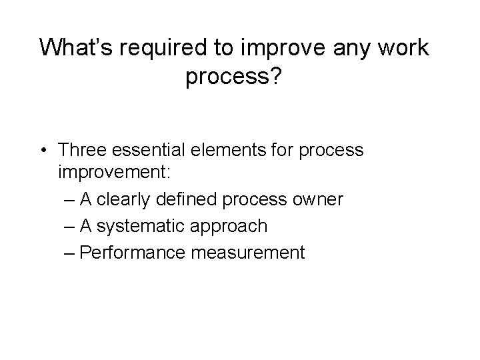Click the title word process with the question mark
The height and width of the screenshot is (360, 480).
pos(240,79)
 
